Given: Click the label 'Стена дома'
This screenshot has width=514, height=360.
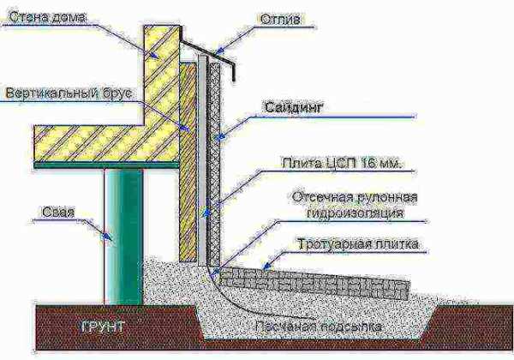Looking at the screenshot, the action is (47, 17).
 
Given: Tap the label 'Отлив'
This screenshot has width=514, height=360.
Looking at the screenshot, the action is (280, 20).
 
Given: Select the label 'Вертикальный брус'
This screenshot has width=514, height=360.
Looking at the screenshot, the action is (69, 93).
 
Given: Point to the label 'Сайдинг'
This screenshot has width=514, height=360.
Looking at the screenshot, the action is (294, 107).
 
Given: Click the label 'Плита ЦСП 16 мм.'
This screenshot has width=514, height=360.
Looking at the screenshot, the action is (342, 163).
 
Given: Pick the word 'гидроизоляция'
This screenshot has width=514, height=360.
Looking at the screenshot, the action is (355, 213).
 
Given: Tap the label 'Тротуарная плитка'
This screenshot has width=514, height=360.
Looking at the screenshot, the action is (358, 244).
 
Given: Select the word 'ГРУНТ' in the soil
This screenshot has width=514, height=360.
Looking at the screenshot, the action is (102, 327).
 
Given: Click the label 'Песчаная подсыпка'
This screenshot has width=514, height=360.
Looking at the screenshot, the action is (319, 327).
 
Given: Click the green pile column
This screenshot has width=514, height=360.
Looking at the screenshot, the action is (124, 237).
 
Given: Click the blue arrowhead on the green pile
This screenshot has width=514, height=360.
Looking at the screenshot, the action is (106, 237).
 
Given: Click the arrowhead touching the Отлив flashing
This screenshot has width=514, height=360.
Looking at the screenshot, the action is (219, 51).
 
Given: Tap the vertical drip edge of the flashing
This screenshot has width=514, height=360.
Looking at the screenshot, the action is (233, 72).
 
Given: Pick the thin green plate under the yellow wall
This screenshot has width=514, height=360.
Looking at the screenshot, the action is (106, 165).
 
